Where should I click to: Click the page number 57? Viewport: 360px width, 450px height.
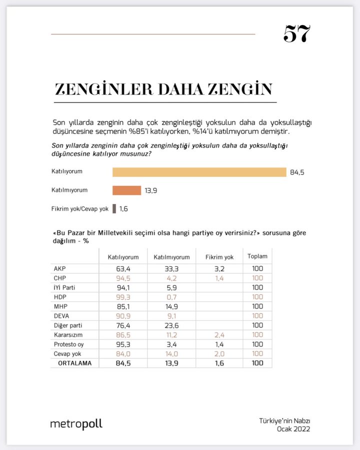click(297, 34)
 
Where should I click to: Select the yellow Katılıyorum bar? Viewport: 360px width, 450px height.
click(199, 172)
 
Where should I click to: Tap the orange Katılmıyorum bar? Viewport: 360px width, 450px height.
click(126, 190)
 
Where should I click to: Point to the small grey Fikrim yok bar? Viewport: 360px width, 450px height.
click(114, 208)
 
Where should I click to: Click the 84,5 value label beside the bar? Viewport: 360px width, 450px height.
click(297, 172)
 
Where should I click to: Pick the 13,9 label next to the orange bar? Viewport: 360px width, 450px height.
click(151, 190)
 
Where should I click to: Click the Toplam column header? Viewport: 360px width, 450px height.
click(257, 256)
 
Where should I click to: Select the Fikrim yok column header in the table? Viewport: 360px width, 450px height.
click(219, 257)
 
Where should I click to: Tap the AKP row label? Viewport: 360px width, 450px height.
click(59, 268)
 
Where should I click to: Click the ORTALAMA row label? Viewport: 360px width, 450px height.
click(75, 363)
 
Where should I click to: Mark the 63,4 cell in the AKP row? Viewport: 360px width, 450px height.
click(123, 268)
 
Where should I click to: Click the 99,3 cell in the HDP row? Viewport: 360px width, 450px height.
click(123, 297)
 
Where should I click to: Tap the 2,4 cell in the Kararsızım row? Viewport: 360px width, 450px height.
click(219, 335)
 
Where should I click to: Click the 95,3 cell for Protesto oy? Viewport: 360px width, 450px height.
click(123, 344)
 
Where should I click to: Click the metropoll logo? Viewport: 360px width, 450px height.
click(76, 424)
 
